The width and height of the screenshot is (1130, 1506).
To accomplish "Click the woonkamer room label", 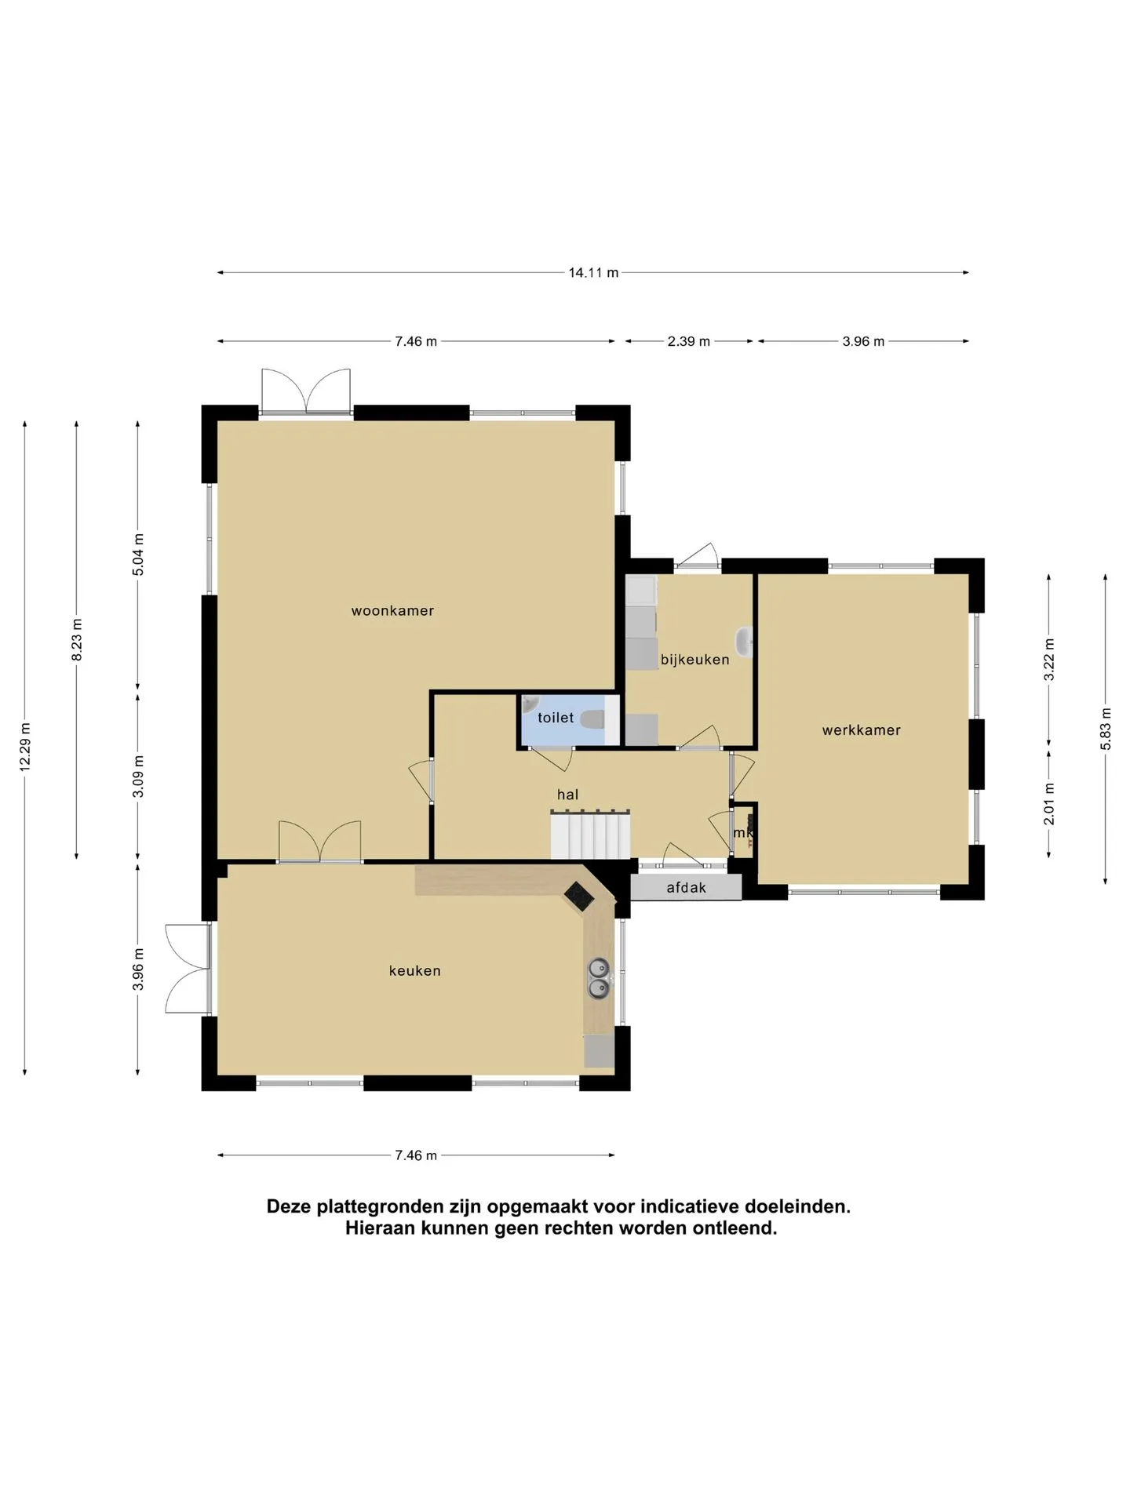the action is pos(392,611).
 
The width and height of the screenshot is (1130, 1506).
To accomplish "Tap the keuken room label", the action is pos(415,971).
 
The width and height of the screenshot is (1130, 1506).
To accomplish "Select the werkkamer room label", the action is pos(862,730).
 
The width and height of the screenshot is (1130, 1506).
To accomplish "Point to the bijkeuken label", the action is pos(695,660).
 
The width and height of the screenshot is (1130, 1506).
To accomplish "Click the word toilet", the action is pos(556,718).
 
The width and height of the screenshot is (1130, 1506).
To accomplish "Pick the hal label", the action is pos(567,795).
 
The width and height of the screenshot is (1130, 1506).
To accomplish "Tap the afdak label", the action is pos(687,888).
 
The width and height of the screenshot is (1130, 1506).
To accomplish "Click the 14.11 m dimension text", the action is pos(593,273).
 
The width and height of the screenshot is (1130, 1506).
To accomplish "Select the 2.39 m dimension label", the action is pos(689,341).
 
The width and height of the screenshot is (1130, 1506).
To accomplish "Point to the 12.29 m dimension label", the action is pos(24,747).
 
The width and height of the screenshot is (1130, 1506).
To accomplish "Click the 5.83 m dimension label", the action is pos(1106,729).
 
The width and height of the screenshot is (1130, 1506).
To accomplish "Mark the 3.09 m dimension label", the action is pos(138,777).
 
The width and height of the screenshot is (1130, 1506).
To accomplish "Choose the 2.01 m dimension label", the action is pos(1049,804).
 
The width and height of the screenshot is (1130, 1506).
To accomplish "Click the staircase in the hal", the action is pos(590,835).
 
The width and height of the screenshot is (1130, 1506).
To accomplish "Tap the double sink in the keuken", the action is pos(599,979).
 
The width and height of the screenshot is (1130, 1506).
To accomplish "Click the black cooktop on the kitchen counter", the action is pos(579,897).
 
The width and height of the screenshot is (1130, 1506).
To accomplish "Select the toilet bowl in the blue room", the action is pos(592,718).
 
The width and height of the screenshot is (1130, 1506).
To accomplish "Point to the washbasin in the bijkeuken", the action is pos(745,642).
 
